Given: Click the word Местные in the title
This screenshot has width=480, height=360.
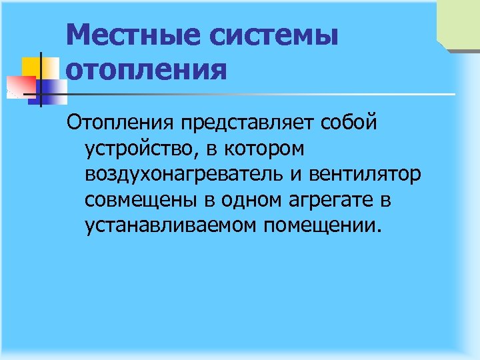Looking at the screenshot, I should pyautogui.click(x=132, y=35).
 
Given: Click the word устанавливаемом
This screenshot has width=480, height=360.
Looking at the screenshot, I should pyautogui.click(x=171, y=227).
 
